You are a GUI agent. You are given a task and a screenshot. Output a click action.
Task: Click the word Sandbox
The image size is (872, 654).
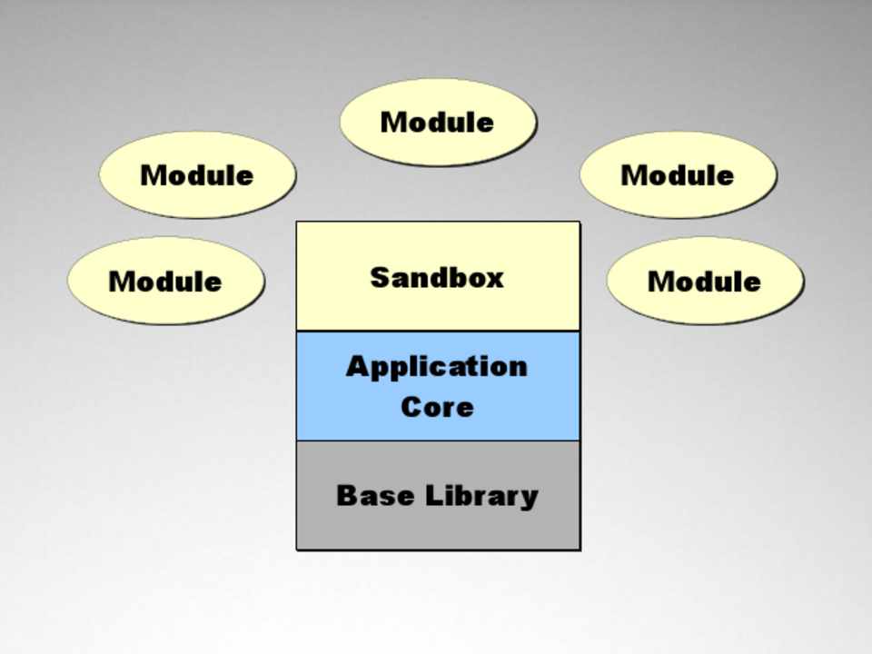pyautogui.click(x=437, y=277)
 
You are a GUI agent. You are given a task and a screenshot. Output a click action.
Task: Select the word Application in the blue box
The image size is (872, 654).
pyautogui.click(x=437, y=367)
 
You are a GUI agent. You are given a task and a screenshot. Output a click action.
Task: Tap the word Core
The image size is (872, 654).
pyautogui.click(x=437, y=406)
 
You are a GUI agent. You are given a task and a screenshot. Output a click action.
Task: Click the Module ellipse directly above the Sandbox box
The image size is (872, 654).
pyautogui.click(x=438, y=122)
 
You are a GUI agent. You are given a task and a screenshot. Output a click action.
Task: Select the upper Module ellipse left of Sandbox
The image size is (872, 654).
pyautogui.click(x=197, y=174)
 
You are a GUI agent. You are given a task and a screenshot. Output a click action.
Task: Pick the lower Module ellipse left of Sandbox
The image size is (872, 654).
pyautogui.click(x=165, y=281)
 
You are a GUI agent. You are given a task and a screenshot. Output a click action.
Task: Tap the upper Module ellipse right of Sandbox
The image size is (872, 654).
pyautogui.click(x=678, y=174)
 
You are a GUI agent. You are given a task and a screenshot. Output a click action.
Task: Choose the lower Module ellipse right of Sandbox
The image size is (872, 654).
pyautogui.click(x=705, y=281)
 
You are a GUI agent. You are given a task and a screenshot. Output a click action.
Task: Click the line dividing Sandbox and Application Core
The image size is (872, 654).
pyautogui.click(x=438, y=331)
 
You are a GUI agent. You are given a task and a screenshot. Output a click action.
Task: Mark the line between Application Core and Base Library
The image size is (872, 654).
pyautogui.click(x=438, y=441)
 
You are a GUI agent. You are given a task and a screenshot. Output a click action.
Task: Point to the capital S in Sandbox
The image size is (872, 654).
pyautogui.click(x=381, y=277)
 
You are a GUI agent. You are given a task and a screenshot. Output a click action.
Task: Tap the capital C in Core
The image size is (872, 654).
pyautogui.click(x=411, y=406)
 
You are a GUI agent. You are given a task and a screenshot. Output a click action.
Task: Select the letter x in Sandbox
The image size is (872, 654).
pyautogui.click(x=494, y=278)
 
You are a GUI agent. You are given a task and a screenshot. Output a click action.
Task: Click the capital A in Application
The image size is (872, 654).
pyautogui.click(x=358, y=367)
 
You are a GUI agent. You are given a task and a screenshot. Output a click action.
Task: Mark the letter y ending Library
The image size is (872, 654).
pyautogui.click(x=528, y=499)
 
